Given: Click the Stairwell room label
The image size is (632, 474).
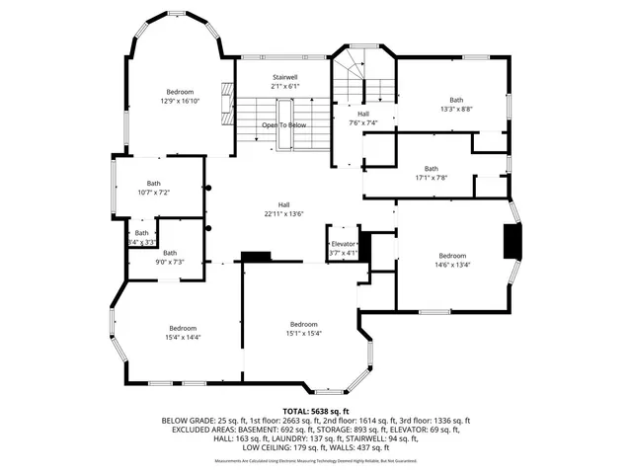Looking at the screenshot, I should click(x=284, y=77).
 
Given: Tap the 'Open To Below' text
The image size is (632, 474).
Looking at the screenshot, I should click(x=283, y=125).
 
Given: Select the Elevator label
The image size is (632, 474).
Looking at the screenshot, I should click(x=343, y=244).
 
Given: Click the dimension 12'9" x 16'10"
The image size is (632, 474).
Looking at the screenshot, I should click(x=180, y=101).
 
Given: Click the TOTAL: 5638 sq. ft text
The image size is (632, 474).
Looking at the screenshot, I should click(x=316, y=410).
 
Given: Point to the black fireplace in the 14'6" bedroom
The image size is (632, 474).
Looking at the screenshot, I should click(x=511, y=241).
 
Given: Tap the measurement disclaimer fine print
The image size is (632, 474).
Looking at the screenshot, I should click(x=316, y=460).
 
